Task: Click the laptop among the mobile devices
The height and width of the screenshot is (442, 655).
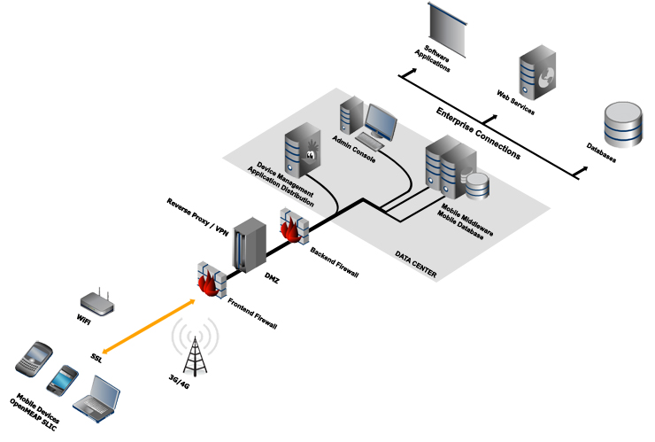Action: [95, 399]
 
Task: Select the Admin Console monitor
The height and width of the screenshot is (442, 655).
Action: [381, 125]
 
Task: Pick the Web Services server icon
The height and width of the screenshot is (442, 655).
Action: [537, 70]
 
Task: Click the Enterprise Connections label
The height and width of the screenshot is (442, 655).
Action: [477, 134]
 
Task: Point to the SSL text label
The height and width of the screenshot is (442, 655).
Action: [97, 358]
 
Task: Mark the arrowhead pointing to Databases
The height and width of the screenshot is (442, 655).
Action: [583, 167]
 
